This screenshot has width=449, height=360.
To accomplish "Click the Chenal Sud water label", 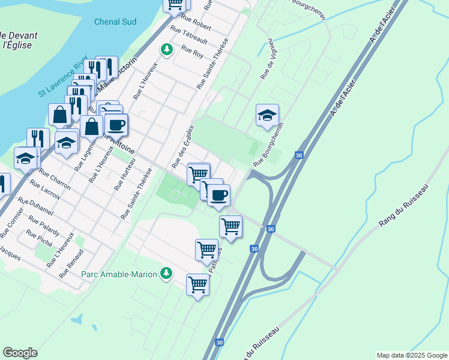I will [115, 22].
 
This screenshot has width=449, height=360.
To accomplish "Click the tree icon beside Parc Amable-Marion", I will [166, 274].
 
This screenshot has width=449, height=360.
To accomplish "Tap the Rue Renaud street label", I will [71, 263].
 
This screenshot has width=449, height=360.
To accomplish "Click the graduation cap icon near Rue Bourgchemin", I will [267, 114].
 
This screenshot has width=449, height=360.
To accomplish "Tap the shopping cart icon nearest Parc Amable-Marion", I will [197, 284].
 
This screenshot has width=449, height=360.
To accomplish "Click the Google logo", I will [20, 353].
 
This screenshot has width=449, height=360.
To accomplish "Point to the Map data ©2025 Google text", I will [411, 355].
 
